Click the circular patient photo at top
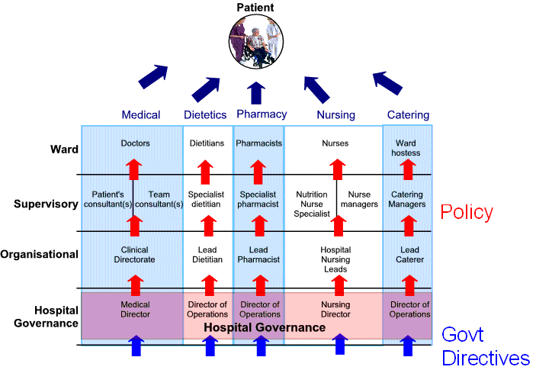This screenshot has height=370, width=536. point(256,40)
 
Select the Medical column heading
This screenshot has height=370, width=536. point(141,115)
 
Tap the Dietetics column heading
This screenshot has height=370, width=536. point(205,115)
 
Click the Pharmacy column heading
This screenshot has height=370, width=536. point(262,114)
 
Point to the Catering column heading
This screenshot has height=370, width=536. point(408,115)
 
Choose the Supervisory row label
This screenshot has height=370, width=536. point(46,204)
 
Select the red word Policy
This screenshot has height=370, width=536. point(467,212)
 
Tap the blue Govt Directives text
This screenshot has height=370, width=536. point(486,346)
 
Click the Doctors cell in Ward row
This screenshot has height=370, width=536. point(135,143)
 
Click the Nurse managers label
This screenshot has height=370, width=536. point(358,199)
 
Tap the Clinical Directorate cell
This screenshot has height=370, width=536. point(135,255)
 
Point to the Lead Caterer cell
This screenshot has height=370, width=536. point(409,255)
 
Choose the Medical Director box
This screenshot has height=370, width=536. point(135,310)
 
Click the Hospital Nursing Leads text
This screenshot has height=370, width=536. point(335,259)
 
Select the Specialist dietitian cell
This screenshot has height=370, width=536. point(205,199)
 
